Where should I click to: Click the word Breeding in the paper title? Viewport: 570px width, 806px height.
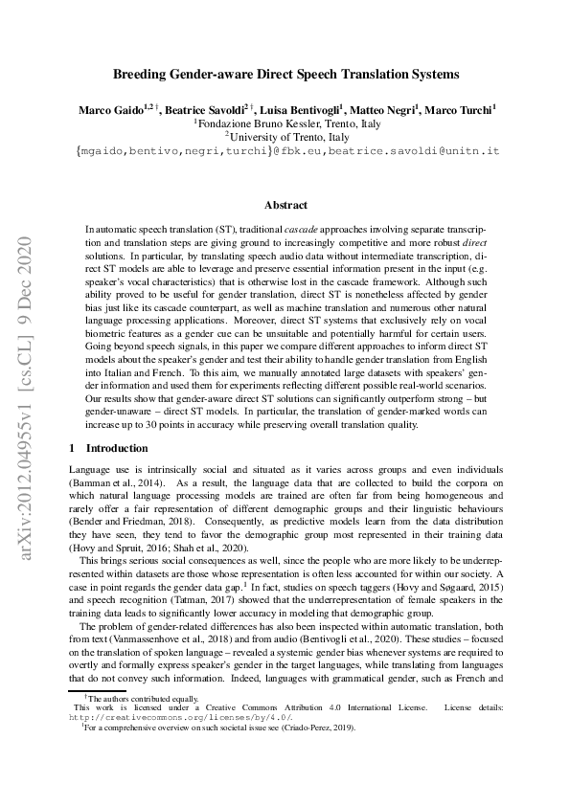click(142, 73)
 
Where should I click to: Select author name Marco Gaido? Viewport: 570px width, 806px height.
click(108, 111)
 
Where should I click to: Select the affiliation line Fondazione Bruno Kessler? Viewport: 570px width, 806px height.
click(286, 124)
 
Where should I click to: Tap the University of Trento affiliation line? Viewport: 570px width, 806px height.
click(286, 138)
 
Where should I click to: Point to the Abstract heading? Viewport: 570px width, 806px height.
click(285, 205)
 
